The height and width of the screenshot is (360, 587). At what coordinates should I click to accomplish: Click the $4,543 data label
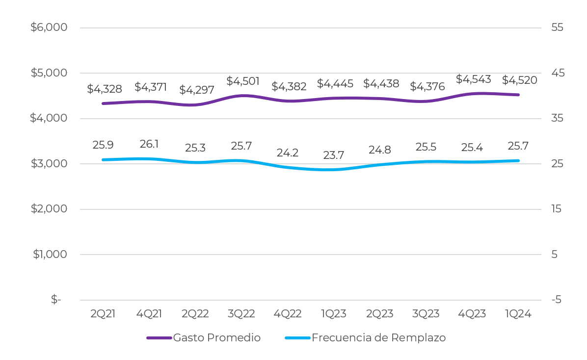pyautogui.click(x=473, y=79)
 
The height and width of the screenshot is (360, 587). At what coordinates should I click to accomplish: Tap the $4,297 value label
pyautogui.click(x=196, y=90)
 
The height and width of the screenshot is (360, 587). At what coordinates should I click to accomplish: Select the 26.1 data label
pyautogui.click(x=149, y=144)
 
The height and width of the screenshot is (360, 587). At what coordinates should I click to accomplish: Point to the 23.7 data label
pyautogui.click(x=334, y=155)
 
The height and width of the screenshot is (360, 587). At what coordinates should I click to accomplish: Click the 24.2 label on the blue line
pyautogui.click(x=288, y=153)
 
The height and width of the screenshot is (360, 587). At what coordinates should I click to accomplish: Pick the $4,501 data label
pyautogui.click(x=243, y=81)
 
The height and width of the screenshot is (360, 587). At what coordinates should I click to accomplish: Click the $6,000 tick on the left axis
pyautogui.click(x=49, y=27)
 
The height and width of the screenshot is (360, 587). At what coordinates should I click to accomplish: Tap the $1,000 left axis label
pyautogui.click(x=50, y=255)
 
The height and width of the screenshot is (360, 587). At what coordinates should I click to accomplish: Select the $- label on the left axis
pyautogui.click(x=56, y=300)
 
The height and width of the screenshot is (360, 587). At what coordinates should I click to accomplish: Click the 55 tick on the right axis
pyautogui.click(x=558, y=27)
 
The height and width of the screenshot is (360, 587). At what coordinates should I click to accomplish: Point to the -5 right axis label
pyautogui.click(x=556, y=300)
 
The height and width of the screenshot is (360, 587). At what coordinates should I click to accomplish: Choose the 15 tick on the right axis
pyautogui.click(x=557, y=209)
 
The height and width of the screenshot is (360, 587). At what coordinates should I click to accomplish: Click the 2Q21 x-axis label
pyautogui.click(x=103, y=314)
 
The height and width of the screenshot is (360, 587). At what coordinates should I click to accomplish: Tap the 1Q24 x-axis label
pyautogui.click(x=518, y=314)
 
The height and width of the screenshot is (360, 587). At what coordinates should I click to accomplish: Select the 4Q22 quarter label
pyautogui.click(x=288, y=314)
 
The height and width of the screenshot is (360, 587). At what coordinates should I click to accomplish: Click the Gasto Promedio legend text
pyautogui.click(x=217, y=338)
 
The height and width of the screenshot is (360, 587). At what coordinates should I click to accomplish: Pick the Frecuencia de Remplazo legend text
pyautogui.click(x=378, y=338)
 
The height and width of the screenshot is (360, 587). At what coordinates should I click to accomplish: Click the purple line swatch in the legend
pyautogui.click(x=159, y=338)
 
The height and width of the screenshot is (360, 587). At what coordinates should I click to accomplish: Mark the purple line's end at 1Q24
pyautogui.click(x=518, y=95)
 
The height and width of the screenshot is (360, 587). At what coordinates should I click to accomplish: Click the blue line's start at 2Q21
pyautogui.click(x=103, y=160)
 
